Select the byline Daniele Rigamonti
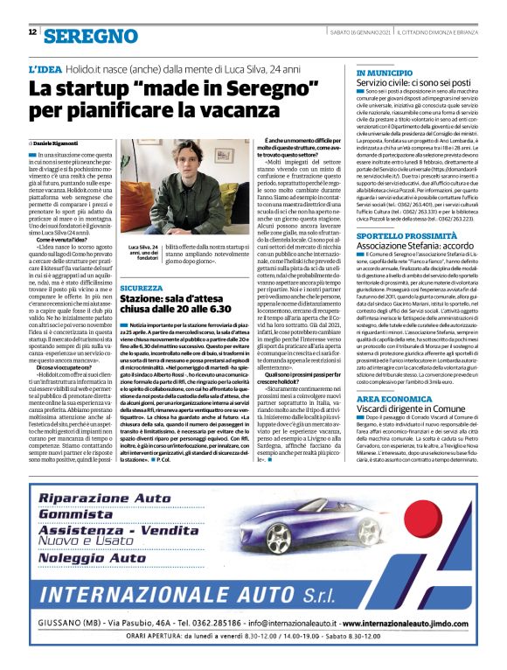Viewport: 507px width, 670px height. click(57, 141)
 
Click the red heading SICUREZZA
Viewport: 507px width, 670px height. click(141, 287)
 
